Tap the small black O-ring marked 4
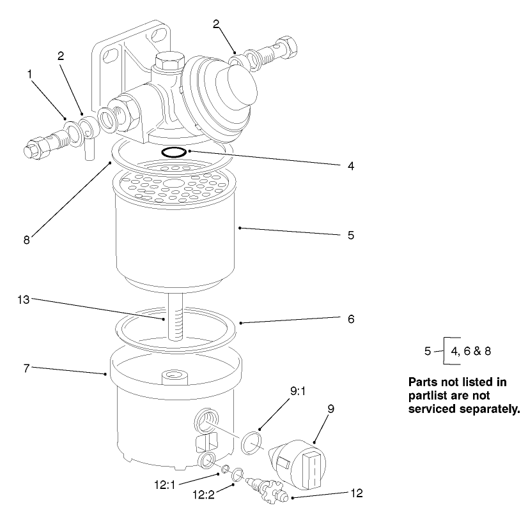pyautogui.click(x=174, y=152)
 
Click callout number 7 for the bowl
pyautogui.click(x=26, y=368)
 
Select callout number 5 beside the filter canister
pyautogui.click(x=351, y=236)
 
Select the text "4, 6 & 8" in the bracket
pyautogui.click(x=470, y=350)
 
